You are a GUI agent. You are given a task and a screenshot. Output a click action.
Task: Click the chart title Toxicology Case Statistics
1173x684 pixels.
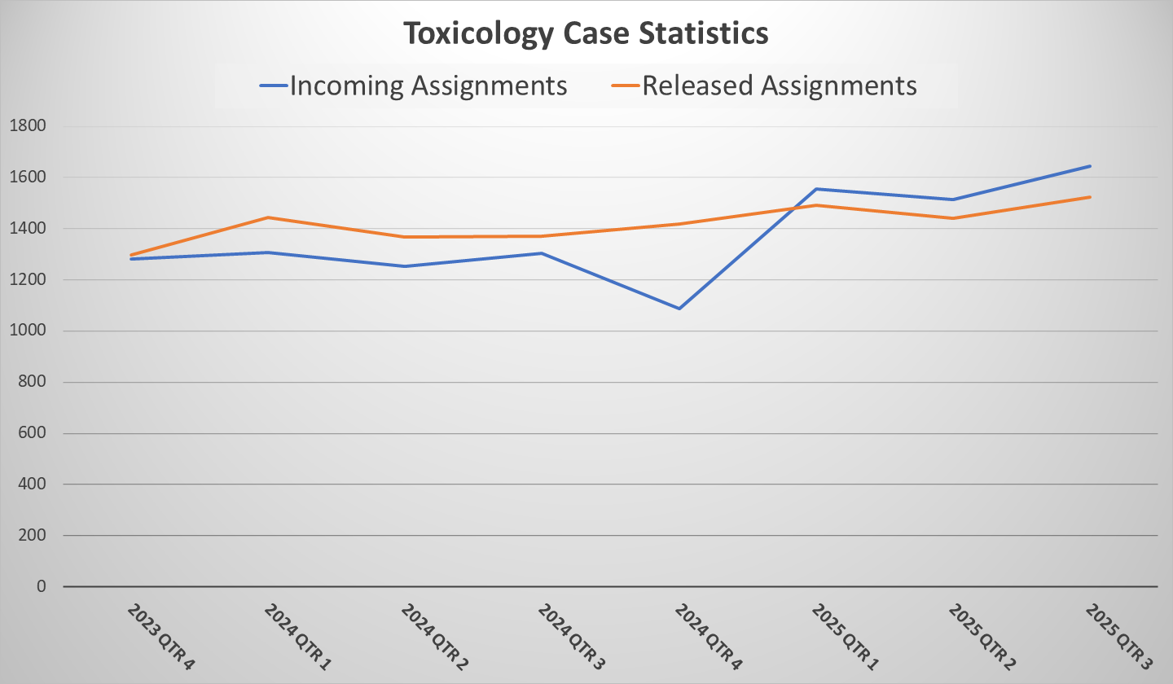pos(586,33)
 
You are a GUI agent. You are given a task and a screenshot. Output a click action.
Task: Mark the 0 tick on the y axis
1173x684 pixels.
pos(42,587)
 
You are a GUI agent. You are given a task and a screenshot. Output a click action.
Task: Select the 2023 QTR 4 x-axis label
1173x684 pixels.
pos(160,637)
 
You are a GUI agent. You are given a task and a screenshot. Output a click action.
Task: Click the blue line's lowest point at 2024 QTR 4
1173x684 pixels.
pos(679,309)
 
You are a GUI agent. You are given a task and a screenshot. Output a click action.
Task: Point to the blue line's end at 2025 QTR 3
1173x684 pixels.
pos(1090,166)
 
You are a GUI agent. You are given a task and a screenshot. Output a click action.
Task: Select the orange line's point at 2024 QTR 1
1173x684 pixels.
pos(268,217)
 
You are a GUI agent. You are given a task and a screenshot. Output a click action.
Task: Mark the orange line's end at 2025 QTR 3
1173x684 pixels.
pos(1090,197)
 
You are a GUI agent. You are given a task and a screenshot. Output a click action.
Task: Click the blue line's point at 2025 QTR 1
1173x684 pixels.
pos(816,189)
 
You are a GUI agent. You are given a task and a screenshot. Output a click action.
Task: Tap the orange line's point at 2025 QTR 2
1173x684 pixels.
pos(953,218)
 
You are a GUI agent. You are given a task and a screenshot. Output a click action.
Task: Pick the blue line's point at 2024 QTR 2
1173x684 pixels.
pos(405,266)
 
